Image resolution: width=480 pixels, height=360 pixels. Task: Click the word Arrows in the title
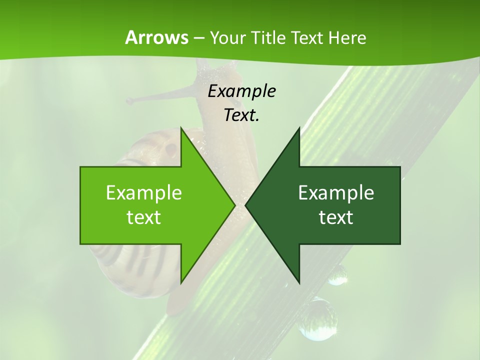(156, 37)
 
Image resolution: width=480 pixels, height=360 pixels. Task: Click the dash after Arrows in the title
(198, 38)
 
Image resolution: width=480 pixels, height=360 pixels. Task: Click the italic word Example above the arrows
(241, 91)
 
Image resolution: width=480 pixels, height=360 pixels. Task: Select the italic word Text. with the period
(241, 115)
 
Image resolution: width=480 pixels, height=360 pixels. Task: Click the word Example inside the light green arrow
(143, 192)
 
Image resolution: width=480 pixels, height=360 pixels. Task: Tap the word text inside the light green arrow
(143, 217)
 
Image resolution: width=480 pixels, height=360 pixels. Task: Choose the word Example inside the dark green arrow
(336, 192)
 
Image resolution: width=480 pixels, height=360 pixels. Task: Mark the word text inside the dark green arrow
(336, 217)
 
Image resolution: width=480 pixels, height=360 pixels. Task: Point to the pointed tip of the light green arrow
(234, 205)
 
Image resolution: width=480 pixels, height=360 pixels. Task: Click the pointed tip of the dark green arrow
(246, 205)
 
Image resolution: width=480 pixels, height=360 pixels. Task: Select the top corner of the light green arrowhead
(181, 128)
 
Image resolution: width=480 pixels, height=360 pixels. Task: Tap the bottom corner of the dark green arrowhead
(299, 282)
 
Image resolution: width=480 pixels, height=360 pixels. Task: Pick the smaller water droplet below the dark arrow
(337, 274)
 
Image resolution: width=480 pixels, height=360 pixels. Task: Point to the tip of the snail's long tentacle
(129, 101)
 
